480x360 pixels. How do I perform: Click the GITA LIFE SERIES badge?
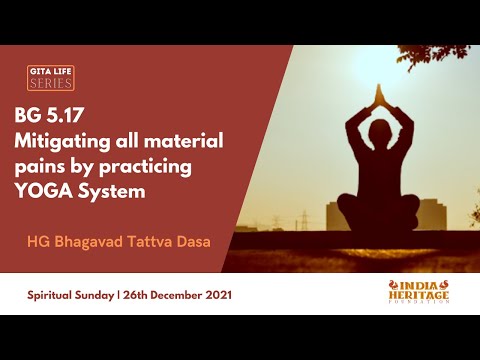(50, 77)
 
